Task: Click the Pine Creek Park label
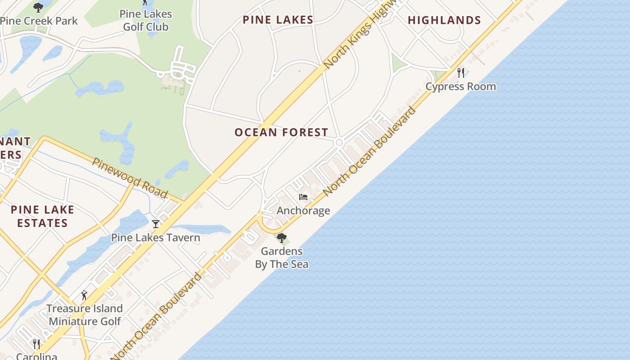(39, 21)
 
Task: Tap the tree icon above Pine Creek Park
(38, 7)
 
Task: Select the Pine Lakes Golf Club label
(146, 21)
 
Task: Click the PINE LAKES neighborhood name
(278, 20)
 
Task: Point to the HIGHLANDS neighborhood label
(444, 20)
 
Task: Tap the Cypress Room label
(461, 86)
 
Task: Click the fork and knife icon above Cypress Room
(460, 72)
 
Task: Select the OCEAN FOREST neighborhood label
(281, 132)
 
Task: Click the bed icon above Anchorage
(303, 197)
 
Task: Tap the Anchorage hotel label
(303, 211)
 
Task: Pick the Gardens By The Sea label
(282, 257)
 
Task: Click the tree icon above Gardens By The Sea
(282, 238)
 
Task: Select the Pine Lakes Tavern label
(156, 238)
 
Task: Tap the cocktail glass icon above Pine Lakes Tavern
(156, 224)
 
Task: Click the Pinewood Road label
(130, 178)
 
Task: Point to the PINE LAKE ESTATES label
(42, 216)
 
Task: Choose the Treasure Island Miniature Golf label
(85, 315)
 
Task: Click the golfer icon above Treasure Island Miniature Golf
(84, 295)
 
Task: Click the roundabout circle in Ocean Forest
(339, 143)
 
